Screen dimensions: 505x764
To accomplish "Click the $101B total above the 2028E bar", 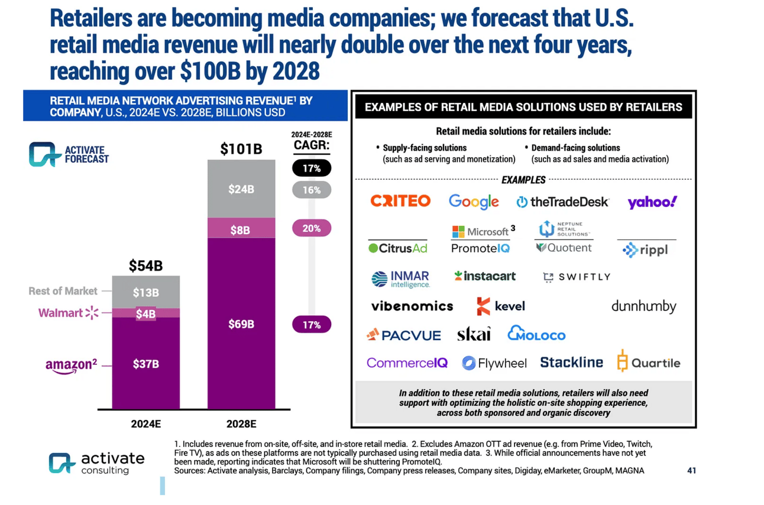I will pos(241,149).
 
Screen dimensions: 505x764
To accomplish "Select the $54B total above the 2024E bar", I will pos(145,266).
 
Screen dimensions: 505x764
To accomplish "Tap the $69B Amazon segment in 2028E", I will pos(241,324).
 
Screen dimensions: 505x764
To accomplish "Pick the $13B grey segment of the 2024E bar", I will pos(145,292).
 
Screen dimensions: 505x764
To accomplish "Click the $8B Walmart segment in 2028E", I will pos(241,230).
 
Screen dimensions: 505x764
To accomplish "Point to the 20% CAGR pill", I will pos(312,228).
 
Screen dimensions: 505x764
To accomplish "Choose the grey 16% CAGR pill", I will pos(312,190).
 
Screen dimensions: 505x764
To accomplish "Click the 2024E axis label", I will pos(145,424).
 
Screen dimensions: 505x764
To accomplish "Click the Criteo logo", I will pos(400,201).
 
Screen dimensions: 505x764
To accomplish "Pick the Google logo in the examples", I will pos(474,202).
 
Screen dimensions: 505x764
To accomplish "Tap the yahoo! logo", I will pos(652,202).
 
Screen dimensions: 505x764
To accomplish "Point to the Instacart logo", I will pos(485,276).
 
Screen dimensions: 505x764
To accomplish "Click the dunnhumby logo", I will pos(643,306).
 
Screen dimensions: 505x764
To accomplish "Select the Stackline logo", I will pos(571,362).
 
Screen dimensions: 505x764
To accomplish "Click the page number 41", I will pos(691,471).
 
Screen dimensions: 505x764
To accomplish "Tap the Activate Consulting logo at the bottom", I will pos(96,463).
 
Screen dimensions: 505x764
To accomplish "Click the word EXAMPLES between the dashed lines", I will pos(523,180).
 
